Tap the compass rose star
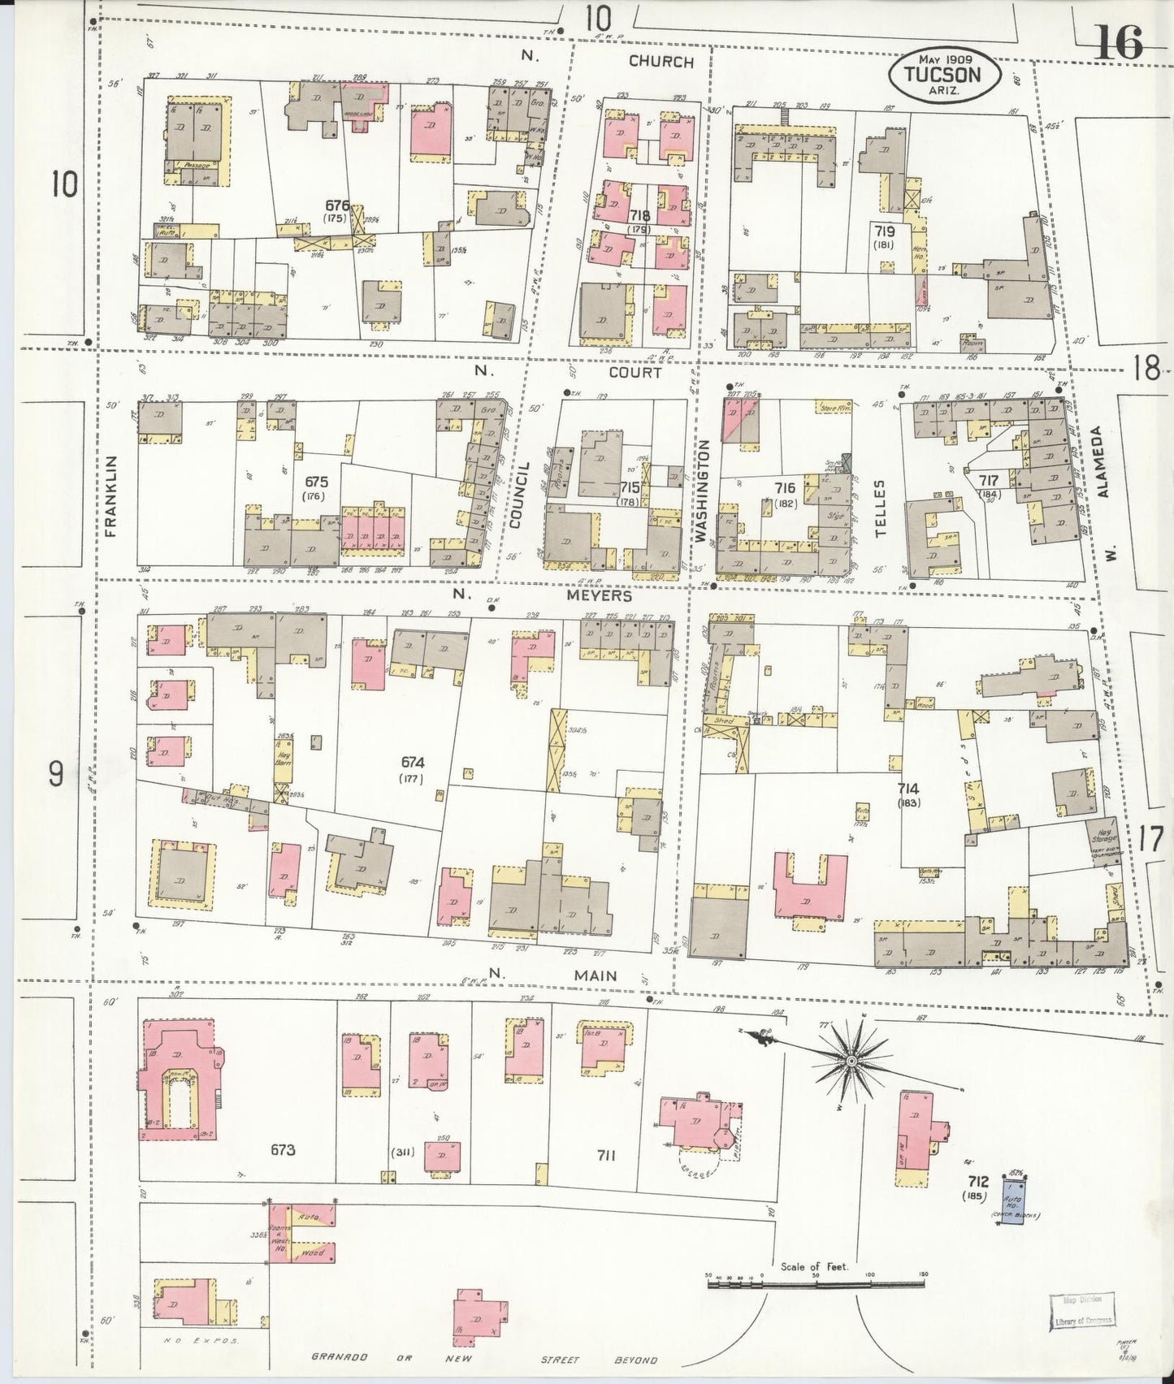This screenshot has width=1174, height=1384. (851, 1061)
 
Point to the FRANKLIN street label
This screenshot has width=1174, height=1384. (111, 495)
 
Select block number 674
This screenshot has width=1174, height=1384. (413, 762)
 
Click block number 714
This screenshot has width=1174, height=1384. (908, 789)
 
